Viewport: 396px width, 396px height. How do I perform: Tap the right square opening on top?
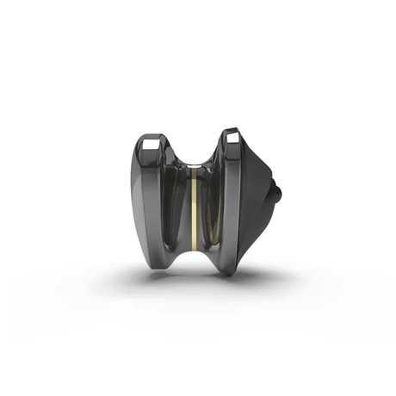tap(232, 136)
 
